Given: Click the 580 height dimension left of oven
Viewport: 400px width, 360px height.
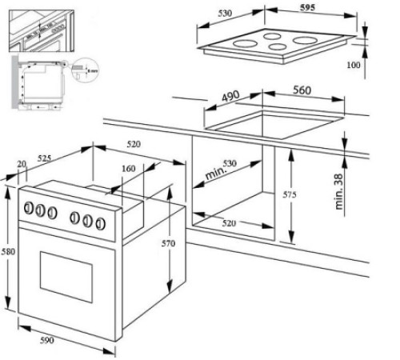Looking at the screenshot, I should (7, 251).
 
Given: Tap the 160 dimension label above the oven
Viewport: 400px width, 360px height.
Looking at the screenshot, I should (128, 169).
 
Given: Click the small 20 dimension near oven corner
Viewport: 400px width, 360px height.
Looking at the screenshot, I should (20, 165).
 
